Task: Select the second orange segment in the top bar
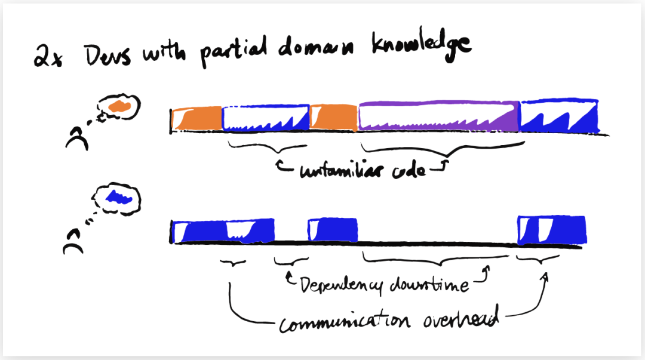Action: coord(333,116)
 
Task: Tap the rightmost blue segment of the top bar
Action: coord(560,115)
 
